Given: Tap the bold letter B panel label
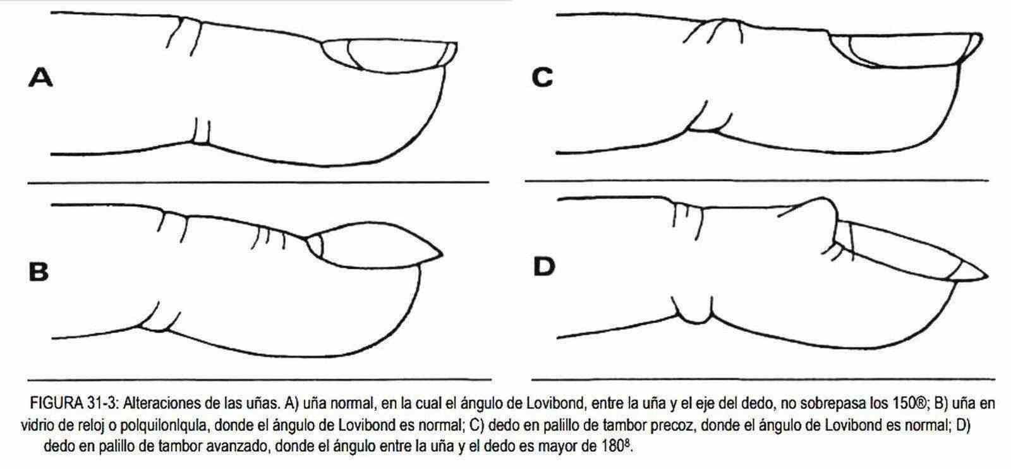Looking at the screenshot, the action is [x=39, y=272].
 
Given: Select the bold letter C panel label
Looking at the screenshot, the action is [x=542, y=78].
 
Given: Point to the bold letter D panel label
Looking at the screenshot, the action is [x=544, y=266].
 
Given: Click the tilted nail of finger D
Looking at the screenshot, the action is [x=907, y=253].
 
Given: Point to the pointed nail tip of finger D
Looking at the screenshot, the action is [x=987, y=276].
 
